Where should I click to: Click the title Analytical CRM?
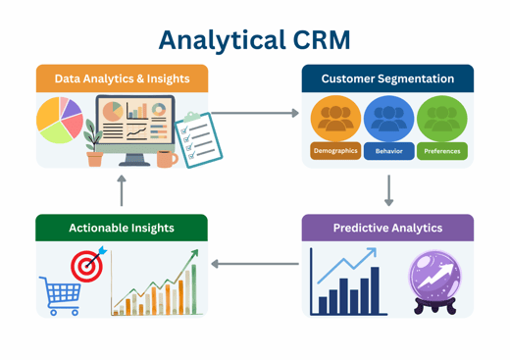point(254,38)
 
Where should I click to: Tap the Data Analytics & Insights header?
point(122,78)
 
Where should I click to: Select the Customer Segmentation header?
point(387,78)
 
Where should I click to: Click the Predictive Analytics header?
point(387,228)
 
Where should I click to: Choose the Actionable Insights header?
point(122,228)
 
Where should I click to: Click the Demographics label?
point(335,151)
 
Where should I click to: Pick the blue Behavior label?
point(388,151)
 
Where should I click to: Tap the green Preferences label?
point(441,151)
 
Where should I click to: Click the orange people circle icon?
point(335,119)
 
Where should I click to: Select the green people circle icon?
point(441,119)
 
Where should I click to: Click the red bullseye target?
point(86,265)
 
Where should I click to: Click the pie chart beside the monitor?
point(59,120)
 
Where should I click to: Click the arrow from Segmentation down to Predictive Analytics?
point(388,189)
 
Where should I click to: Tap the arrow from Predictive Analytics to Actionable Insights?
point(255,263)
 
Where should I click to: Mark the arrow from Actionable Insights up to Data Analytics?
point(122,189)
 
